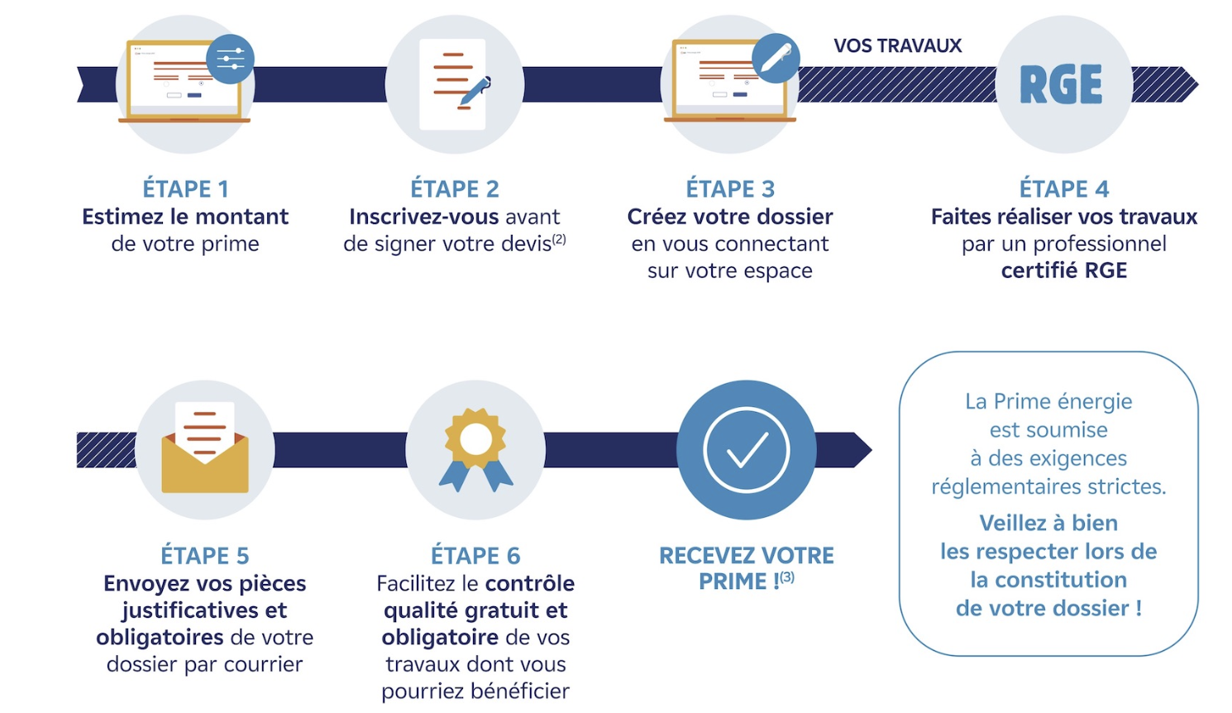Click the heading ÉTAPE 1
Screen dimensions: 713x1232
click(185, 189)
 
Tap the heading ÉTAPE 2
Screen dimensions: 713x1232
click(455, 189)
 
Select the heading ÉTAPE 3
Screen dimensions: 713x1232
click(730, 189)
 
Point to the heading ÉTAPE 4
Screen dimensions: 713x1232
click(1063, 189)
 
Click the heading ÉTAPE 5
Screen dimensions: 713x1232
click(204, 555)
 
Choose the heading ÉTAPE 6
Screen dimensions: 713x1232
click(475, 555)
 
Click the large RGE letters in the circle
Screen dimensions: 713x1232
click(1061, 84)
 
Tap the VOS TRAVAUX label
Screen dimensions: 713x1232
click(897, 45)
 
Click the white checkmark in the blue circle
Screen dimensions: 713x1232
click(747, 450)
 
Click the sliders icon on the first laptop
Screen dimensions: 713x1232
click(230, 59)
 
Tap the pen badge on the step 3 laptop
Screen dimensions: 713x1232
click(775, 58)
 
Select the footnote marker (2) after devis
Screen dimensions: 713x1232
click(560, 239)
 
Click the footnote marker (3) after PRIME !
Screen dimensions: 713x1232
click(787, 577)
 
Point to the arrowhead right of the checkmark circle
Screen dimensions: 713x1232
click(862, 450)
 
